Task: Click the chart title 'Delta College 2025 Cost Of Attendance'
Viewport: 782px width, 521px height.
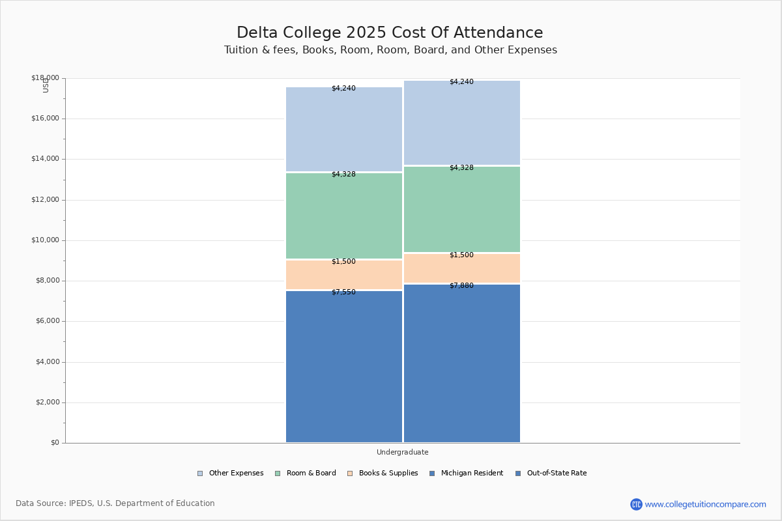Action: [390, 33]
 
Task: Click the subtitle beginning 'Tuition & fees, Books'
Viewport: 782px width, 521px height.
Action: [390, 50]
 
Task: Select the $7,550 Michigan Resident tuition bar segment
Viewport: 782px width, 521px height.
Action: [344, 367]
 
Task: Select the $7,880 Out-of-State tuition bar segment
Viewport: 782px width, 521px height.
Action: [462, 363]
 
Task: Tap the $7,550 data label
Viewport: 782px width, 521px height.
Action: [343, 292]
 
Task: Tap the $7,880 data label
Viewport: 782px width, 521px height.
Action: [461, 286]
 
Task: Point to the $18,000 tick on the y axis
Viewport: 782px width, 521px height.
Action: [45, 78]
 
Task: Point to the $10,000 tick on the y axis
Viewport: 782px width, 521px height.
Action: [45, 240]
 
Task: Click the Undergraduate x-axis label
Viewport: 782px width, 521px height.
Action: [403, 452]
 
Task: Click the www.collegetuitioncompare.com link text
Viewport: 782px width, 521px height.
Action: [705, 504]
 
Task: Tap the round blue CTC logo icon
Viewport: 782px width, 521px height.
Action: [636, 504]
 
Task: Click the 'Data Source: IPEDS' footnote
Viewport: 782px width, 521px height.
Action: [115, 503]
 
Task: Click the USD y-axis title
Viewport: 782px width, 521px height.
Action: [46, 85]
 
